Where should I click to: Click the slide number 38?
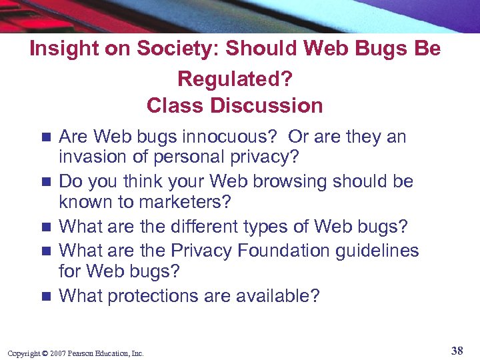457,351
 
